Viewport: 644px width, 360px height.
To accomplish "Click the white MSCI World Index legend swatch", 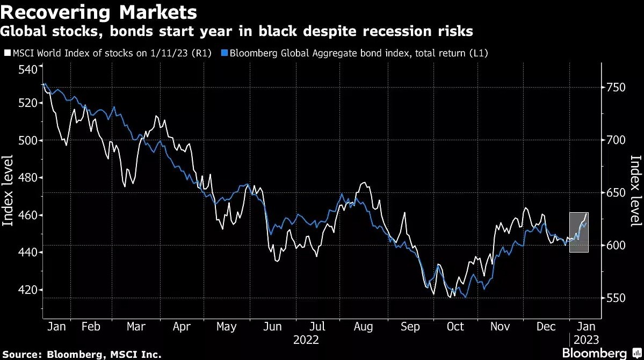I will (x=7, y=53).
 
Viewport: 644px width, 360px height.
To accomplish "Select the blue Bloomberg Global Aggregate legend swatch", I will (x=226, y=53).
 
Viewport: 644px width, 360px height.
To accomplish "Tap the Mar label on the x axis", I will (x=136, y=327).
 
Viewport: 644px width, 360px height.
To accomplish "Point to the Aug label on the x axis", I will (x=364, y=327).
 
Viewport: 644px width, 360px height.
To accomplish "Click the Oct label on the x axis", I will (x=455, y=327).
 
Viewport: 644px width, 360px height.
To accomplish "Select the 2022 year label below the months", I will (x=306, y=340).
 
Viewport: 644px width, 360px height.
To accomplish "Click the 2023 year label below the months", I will (x=585, y=340).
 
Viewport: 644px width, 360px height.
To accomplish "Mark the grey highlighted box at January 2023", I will (x=578, y=232).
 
